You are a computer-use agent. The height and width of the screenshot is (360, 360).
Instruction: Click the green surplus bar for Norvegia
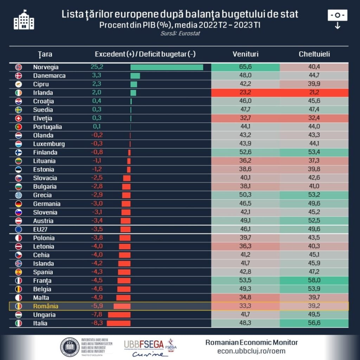point(167,67)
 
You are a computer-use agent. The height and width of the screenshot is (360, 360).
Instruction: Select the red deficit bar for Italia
point(118,323)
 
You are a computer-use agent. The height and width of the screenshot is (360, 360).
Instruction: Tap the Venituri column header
point(245,54)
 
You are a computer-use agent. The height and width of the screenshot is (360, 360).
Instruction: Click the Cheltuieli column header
point(314,54)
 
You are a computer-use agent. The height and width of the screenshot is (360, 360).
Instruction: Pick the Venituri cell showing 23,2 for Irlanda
point(245,93)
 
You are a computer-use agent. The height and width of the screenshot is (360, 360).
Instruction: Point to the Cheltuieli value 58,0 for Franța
point(314,281)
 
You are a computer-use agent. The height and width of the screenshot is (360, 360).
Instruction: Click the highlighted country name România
point(46,306)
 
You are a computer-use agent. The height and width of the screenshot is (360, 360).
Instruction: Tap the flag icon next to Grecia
point(19,195)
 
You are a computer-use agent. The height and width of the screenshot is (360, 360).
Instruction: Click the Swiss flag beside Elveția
point(19,118)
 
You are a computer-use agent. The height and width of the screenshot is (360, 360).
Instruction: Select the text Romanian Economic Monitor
point(251,342)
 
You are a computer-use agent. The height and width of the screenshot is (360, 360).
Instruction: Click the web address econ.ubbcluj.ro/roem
point(251,351)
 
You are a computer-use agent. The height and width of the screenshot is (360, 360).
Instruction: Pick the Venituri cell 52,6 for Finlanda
point(245,153)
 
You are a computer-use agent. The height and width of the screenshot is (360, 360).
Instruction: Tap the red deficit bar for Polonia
point(125,238)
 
